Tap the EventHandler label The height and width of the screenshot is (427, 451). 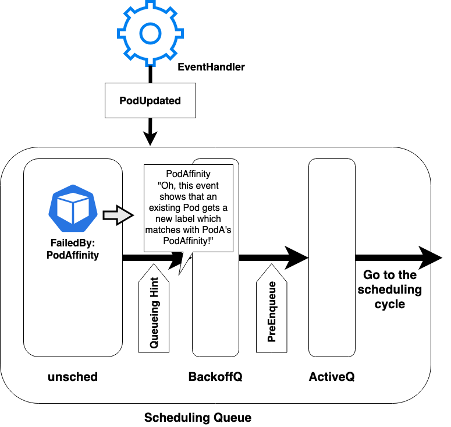click(x=211, y=67)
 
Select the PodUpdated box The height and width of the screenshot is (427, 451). click(x=150, y=100)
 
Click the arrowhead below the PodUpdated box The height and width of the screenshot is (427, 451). click(x=150, y=138)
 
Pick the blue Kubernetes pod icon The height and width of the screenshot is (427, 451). click(x=73, y=208)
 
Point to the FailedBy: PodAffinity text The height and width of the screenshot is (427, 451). click(x=73, y=249)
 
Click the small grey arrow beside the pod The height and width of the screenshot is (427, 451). click(x=118, y=215)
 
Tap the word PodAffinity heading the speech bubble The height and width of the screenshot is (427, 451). click(x=188, y=174)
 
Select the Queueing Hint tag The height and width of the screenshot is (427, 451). click(x=154, y=308)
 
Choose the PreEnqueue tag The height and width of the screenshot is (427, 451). click(x=272, y=308)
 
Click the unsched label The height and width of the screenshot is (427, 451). click(x=73, y=377)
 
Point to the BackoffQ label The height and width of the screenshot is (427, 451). click(x=215, y=377)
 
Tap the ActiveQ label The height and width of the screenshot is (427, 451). click(x=332, y=377)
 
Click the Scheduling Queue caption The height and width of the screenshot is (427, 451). click(x=198, y=418)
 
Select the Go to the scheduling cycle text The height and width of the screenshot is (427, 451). click(x=390, y=290)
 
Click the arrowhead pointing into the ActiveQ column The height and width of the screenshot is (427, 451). click(x=296, y=257)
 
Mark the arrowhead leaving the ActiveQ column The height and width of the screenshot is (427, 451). click(x=430, y=257)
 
